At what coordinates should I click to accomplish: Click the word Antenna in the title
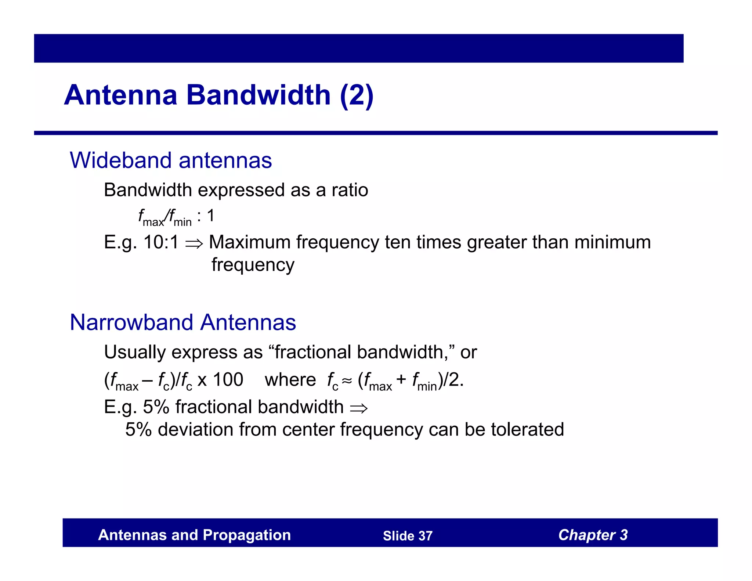tap(121, 95)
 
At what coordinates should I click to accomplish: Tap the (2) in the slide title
tap(357, 95)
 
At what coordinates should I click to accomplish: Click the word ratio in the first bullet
tap(350, 190)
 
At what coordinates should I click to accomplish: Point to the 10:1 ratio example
tap(161, 242)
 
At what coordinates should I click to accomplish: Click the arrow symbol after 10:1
tap(194, 243)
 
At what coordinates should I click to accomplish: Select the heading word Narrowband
tap(131, 322)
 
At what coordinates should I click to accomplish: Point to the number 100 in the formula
tap(228, 380)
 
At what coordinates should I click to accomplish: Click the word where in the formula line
tap(290, 380)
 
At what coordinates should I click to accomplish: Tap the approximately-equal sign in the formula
tap(347, 381)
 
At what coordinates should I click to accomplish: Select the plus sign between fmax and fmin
tap(401, 380)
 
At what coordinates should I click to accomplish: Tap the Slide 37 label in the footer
tap(408, 536)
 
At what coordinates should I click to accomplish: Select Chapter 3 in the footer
tap(593, 535)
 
